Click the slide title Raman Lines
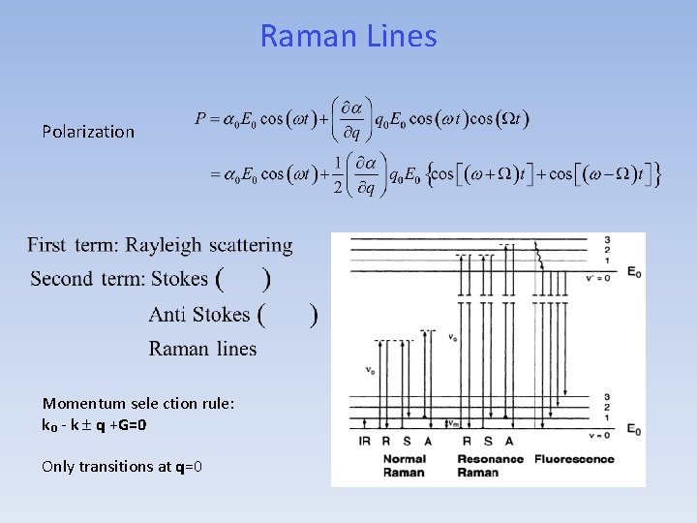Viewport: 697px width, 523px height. (348, 37)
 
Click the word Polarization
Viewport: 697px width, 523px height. (88, 132)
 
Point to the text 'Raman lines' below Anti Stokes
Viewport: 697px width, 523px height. (202, 349)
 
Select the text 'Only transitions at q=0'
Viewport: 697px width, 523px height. (122, 466)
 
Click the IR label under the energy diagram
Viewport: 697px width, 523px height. (365, 441)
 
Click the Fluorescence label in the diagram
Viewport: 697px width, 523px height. (574, 458)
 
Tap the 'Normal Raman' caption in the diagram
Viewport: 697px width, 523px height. (404, 465)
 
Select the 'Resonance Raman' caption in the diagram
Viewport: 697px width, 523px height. (491, 465)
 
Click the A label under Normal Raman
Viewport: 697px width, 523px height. (427, 441)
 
